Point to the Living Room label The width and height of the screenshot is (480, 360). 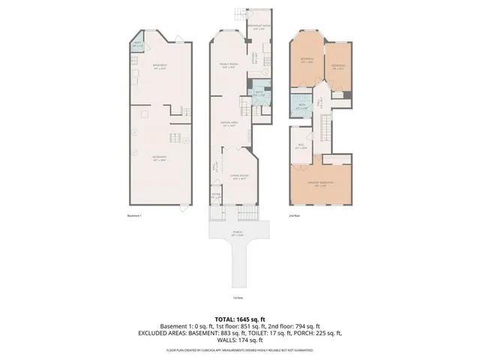[240, 178]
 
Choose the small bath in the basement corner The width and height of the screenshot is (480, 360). [137, 44]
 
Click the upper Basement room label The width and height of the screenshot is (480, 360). [159, 67]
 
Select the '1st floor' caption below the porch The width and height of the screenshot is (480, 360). [236, 297]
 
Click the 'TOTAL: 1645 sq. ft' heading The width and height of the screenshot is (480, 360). [239, 319]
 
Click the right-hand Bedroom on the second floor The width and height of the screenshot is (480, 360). [335, 64]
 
